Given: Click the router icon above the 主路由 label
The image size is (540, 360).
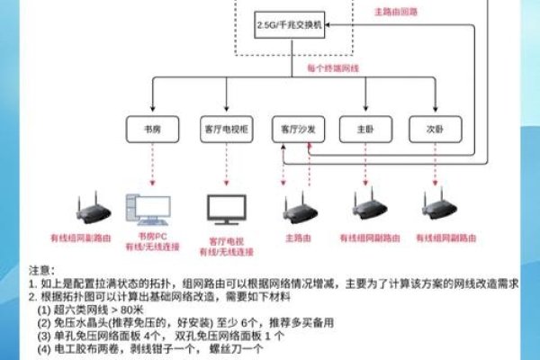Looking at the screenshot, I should [x=296, y=209].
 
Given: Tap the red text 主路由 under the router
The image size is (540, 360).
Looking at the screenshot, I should [x=296, y=238].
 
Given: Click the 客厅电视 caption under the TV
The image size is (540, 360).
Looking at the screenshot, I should [x=226, y=241].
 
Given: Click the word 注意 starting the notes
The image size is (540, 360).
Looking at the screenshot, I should [x=40, y=270].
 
